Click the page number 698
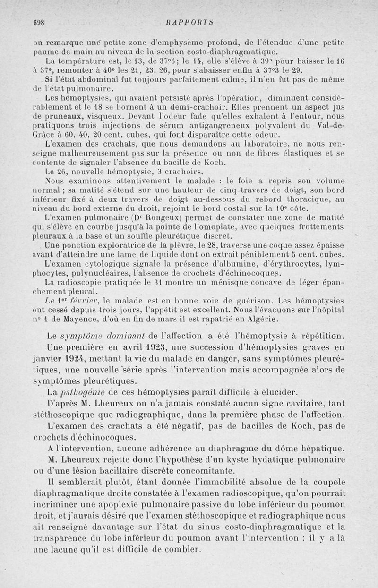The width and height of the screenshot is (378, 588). pyautogui.click(x=38, y=21)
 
